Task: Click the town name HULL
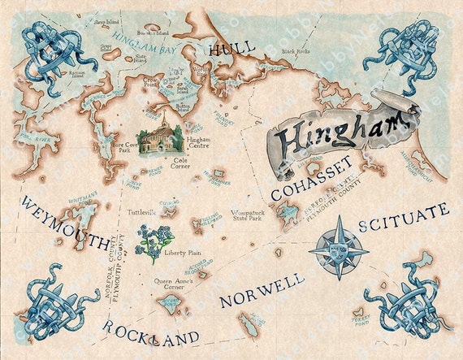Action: coord(231,50)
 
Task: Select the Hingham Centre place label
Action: coord(199,142)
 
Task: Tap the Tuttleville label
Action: coord(141,212)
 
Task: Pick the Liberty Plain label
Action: coord(184,254)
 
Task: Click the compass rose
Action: coord(338,248)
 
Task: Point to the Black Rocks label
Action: coord(296,52)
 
